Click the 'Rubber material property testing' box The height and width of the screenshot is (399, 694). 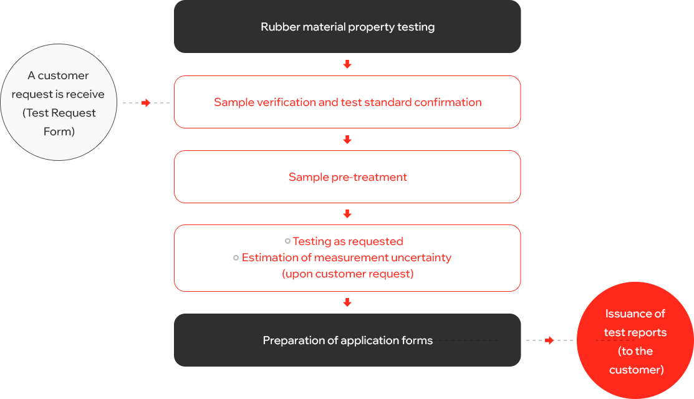[x=347, y=27]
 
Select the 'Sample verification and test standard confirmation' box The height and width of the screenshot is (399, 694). [x=347, y=102]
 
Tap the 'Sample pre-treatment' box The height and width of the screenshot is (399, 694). [x=347, y=177]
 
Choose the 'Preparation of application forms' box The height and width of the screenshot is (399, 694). [x=347, y=340]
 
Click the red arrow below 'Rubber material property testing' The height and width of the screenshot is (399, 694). [x=347, y=64]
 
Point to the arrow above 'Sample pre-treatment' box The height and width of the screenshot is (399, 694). [x=347, y=140]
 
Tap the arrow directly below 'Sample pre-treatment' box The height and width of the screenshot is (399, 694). [x=347, y=214]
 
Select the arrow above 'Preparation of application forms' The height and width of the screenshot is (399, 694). [x=347, y=302]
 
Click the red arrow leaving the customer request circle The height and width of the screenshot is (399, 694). [x=146, y=103]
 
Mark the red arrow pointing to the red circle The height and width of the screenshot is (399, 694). [x=549, y=340]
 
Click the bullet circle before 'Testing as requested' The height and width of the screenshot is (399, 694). [x=287, y=241]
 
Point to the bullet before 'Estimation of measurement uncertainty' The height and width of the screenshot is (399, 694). [x=236, y=258]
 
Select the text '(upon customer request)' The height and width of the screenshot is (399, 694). [x=348, y=274]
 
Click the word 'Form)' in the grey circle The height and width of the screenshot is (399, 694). [x=59, y=132]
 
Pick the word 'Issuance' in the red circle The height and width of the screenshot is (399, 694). [x=624, y=314]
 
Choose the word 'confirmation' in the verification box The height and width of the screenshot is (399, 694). [x=448, y=102]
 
